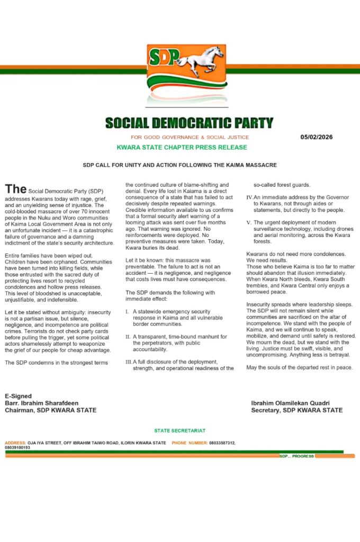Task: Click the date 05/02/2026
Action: click(317, 137)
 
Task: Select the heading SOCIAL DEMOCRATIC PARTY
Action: click(189, 123)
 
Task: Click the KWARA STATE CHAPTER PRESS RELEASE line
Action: click(182, 147)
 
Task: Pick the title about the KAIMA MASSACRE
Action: click(179, 165)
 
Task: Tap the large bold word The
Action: click(15, 189)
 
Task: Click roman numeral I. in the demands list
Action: click(127, 312)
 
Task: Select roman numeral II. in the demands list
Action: click(128, 337)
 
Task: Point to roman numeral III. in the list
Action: click(129, 362)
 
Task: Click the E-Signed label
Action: click(18, 396)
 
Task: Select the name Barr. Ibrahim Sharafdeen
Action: click(41, 403)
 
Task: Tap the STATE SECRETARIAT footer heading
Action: click(180, 431)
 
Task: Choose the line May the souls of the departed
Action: click(300, 367)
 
